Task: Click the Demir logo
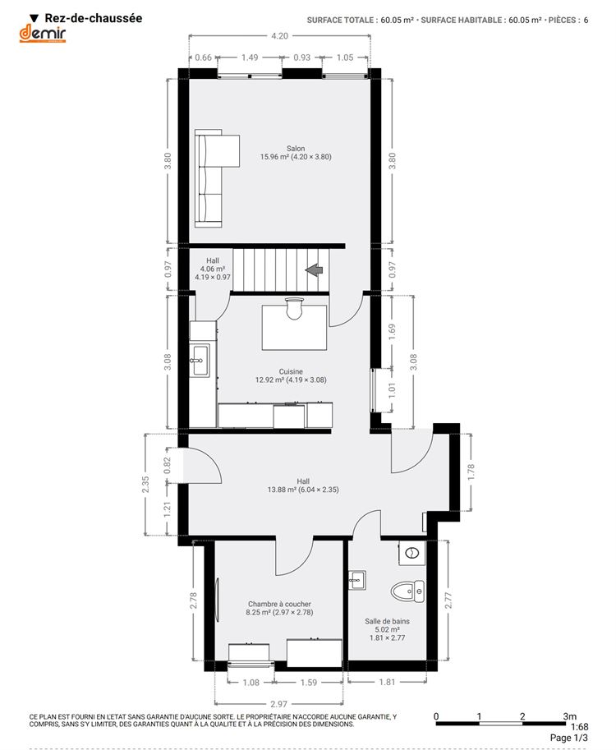click(x=42, y=34)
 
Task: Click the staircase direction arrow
click(x=315, y=269)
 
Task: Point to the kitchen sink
click(x=199, y=360)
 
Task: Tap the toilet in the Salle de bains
click(x=407, y=591)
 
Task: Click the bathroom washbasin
click(x=356, y=580)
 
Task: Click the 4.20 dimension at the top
click(x=279, y=36)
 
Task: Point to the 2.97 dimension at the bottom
click(x=278, y=704)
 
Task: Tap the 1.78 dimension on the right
click(x=471, y=472)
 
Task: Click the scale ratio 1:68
click(x=579, y=727)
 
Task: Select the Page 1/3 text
click(x=568, y=738)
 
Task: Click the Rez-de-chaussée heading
click(x=94, y=18)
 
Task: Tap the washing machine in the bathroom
click(x=411, y=554)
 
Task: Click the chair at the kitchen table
click(x=294, y=309)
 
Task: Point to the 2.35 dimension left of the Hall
click(x=145, y=484)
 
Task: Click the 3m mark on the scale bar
click(x=569, y=716)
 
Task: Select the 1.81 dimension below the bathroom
click(x=387, y=682)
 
